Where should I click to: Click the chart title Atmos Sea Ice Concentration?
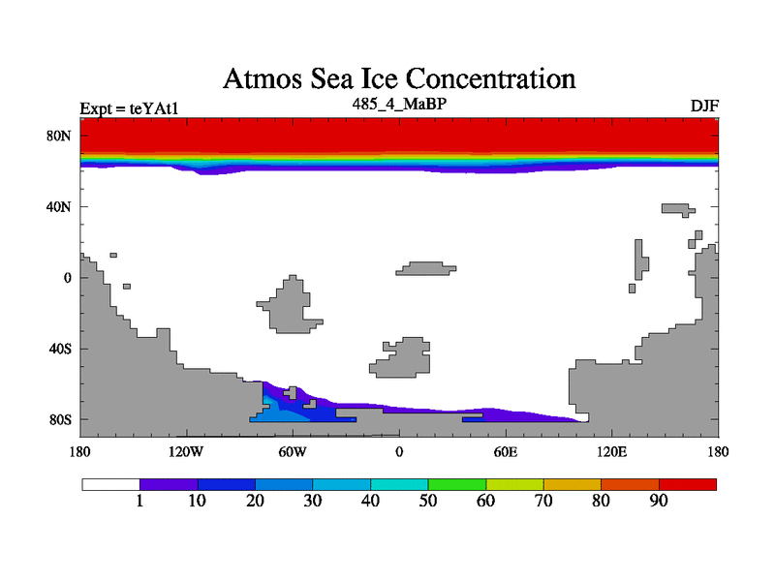[x=399, y=78]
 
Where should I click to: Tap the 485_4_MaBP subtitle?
[x=399, y=102]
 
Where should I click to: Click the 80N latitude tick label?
[x=60, y=136]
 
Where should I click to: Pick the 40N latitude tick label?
[x=60, y=207]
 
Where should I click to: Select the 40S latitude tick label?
[x=60, y=349]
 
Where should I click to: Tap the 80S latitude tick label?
[x=60, y=420]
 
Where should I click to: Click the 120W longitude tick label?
[x=185, y=451]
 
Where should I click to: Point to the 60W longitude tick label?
[x=293, y=451]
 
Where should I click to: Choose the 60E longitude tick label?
[x=505, y=451]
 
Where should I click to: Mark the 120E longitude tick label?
[x=611, y=451]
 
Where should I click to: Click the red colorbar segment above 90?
[x=688, y=484]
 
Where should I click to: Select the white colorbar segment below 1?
[x=110, y=484]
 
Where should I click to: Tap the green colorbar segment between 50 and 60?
[x=456, y=484]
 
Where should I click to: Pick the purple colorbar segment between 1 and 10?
[x=169, y=484]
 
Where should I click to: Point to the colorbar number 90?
[x=659, y=501]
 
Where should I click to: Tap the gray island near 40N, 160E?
[x=674, y=208]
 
